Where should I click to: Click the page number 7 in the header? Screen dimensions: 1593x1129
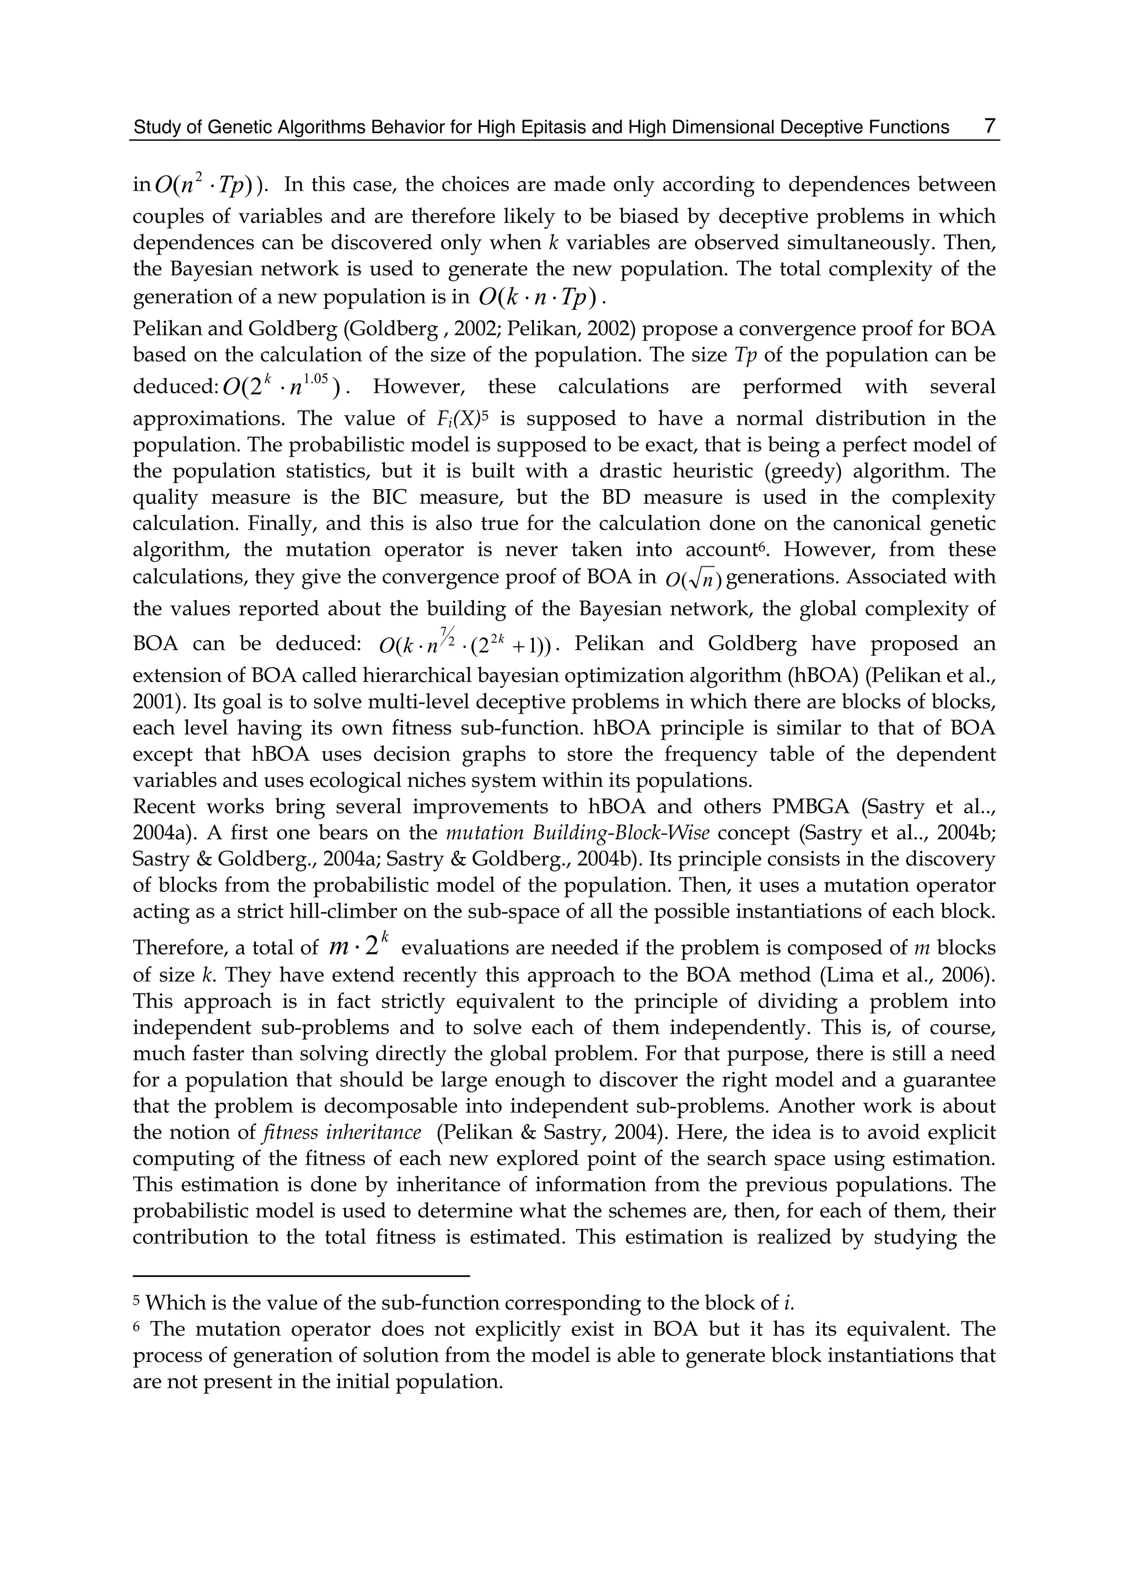[990, 126]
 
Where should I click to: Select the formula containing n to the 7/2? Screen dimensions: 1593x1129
[464, 643]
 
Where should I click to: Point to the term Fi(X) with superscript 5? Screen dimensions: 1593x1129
[463, 419]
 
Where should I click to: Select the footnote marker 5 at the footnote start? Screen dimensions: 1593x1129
[137, 1300]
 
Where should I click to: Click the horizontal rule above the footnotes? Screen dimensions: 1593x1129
[301, 1276]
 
